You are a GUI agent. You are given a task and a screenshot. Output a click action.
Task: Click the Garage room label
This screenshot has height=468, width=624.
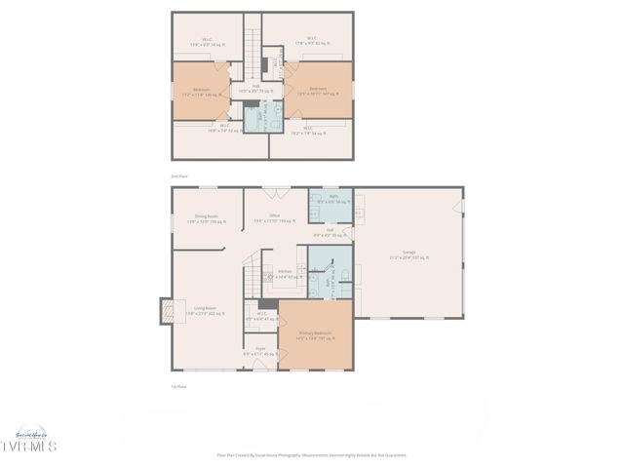tap(409, 254)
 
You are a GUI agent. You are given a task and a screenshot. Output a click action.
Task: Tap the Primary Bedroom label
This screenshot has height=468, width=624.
tap(315, 334)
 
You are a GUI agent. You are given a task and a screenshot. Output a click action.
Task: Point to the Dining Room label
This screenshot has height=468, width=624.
tap(206, 218)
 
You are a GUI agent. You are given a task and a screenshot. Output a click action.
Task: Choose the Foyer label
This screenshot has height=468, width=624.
tap(260, 350)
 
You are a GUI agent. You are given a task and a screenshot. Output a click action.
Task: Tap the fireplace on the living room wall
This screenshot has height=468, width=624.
tap(164, 310)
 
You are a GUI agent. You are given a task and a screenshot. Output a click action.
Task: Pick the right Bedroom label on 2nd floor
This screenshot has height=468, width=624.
tap(317, 91)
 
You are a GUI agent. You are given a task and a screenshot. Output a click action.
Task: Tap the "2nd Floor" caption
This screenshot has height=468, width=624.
tap(179, 175)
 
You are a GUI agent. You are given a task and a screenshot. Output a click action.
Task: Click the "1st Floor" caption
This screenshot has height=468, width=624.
tap(178, 387)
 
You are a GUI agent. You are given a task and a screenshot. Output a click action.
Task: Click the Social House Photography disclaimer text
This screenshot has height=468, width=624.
tap(311, 454)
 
